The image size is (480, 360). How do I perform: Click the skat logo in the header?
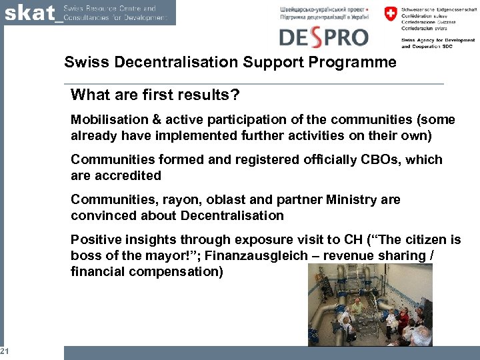click(x=29, y=13)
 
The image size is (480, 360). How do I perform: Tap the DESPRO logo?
click(x=323, y=36)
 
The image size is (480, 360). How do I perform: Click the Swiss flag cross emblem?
click(x=389, y=14)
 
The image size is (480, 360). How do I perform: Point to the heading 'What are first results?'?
click(x=155, y=95)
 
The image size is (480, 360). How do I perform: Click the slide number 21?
click(x=4, y=351)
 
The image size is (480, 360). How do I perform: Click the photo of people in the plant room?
click(x=370, y=304)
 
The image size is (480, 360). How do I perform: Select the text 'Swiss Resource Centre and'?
click(x=109, y=8)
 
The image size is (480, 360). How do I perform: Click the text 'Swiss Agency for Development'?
click(x=438, y=41)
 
